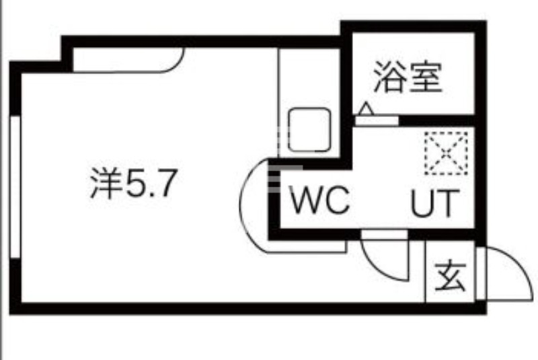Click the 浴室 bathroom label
coord(408,77)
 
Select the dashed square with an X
coord(445,153)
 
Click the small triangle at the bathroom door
coord(366,108)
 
